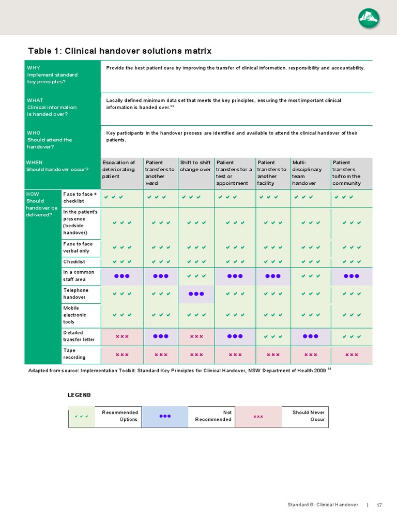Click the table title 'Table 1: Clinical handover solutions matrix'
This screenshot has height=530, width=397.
tap(119, 51)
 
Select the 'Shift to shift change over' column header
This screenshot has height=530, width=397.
tap(195, 166)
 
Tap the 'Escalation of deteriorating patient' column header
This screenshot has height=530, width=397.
tap(119, 169)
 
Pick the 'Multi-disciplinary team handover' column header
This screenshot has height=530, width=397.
tap(307, 173)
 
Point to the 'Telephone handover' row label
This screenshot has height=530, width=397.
tap(76, 293)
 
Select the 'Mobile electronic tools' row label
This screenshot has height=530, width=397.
tap(75, 315)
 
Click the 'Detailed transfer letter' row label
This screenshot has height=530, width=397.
tap(79, 336)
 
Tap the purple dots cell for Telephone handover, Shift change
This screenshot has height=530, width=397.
tap(196, 294)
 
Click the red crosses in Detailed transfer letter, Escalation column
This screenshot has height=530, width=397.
tap(122, 336)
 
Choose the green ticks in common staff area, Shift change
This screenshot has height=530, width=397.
tap(196, 276)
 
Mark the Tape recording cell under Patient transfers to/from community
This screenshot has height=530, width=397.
tap(352, 355)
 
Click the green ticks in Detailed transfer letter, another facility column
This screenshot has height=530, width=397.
tap(273, 336)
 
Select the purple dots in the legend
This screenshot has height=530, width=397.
tap(165, 416)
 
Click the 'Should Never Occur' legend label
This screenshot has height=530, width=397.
tap(308, 416)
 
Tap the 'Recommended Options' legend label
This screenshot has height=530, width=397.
tap(120, 416)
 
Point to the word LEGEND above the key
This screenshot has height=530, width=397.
tap(79, 395)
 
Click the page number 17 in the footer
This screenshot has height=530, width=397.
tap(379, 505)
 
